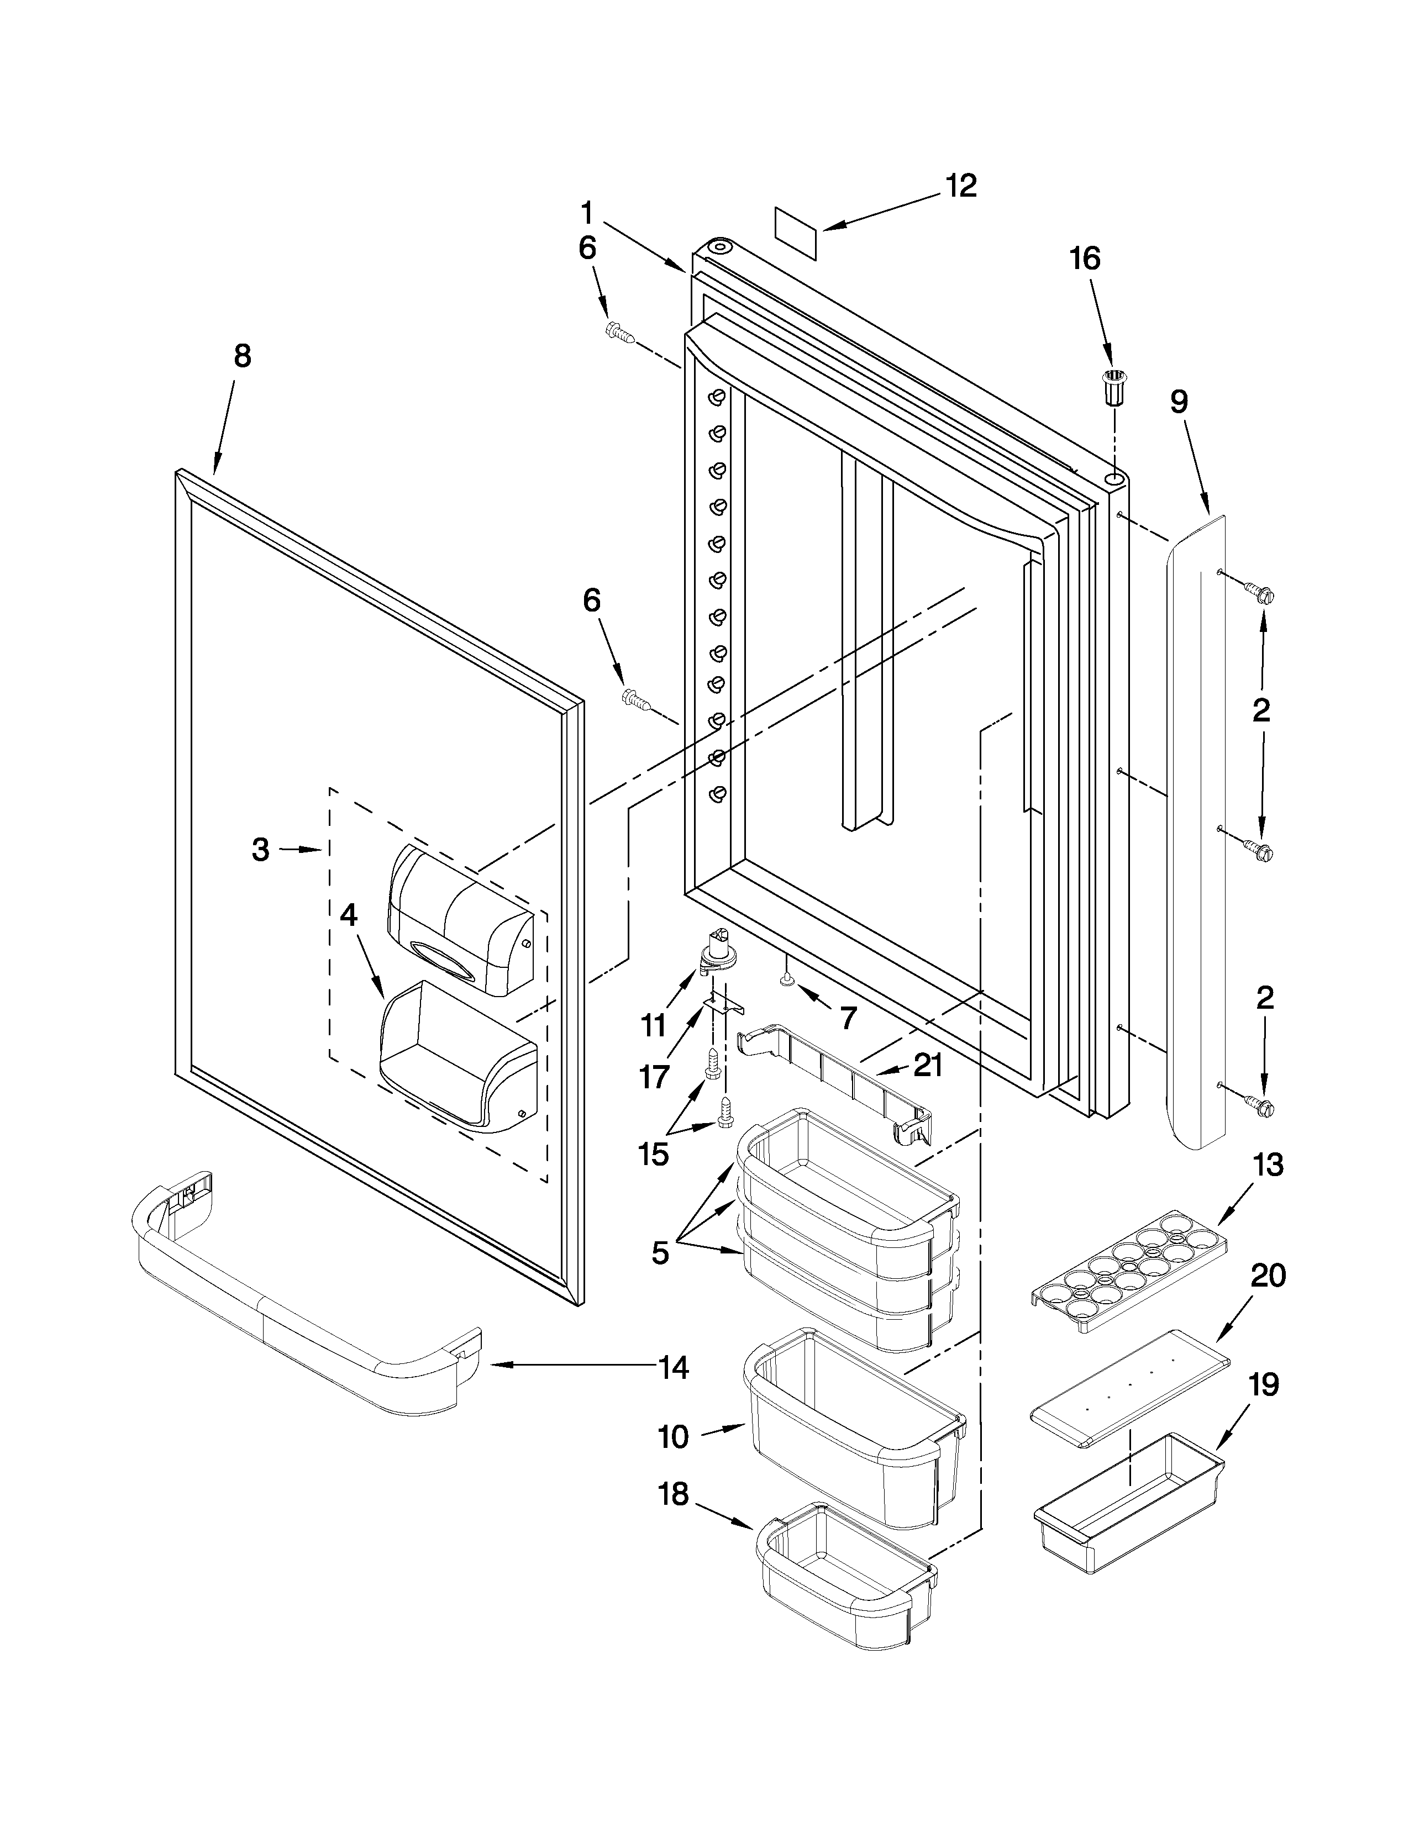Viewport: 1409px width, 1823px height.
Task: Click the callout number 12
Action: [x=961, y=186]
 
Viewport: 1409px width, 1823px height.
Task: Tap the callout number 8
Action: [x=241, y=356]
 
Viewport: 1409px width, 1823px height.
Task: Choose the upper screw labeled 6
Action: [x=619, y=333]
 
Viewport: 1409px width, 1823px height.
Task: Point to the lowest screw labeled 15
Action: [x=724, y=1111]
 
